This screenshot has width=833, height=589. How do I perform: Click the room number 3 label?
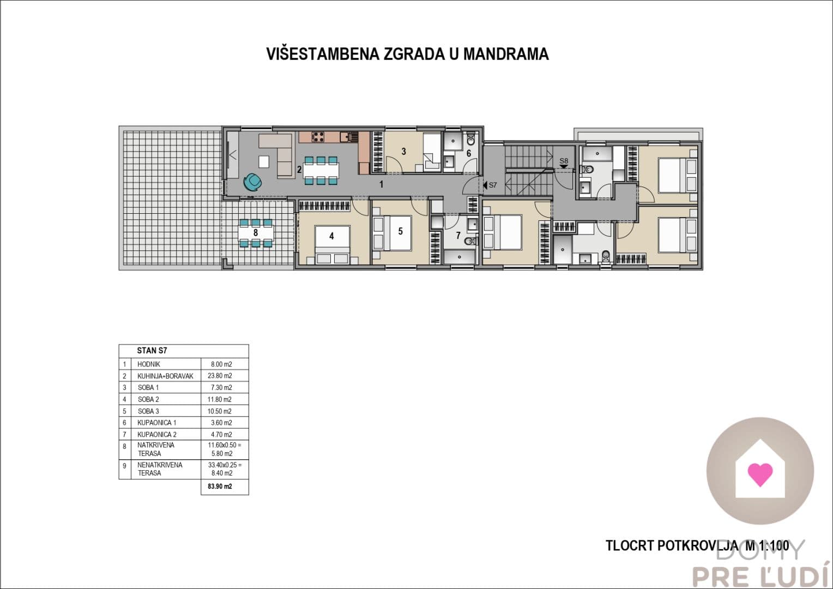(x=404, y=152)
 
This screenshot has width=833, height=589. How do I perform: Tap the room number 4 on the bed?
(x=331, y=236)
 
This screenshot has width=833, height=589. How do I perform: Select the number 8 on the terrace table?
(x=256, y=232)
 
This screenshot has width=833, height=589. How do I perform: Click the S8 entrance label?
(x=564, y=161)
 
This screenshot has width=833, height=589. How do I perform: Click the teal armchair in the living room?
(x=252, y=182)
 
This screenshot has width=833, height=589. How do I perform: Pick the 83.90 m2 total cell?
(x=220, y=486)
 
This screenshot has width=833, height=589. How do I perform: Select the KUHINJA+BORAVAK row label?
(x=165, y=376)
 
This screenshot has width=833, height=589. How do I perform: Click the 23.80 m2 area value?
(x=220, y=376)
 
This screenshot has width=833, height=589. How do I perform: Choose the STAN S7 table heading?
(x=152, y=351)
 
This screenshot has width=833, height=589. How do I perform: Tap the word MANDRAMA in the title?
(x=506, y=54)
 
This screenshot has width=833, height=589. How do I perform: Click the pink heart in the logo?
(x=760, y=474)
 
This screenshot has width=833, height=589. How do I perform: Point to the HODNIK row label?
(x=148, y=364)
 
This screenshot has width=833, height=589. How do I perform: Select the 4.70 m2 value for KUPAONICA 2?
(x=221, y=434)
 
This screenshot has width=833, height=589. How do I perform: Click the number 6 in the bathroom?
(x=469, y=153)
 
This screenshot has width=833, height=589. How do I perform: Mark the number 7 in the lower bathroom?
(x=458, y=236)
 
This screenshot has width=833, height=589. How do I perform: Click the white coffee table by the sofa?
(x=264, y=162)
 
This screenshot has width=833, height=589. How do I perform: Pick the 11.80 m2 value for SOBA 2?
(x=219, y=400)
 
